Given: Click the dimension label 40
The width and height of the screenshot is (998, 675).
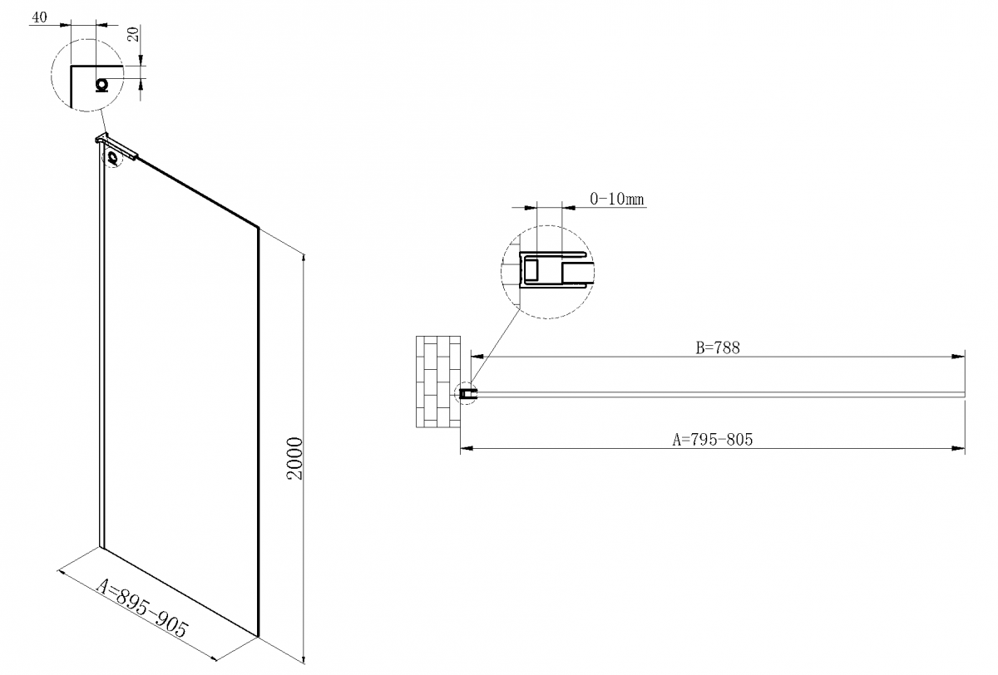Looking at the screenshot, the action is pyautogui.click(x=40, y=17).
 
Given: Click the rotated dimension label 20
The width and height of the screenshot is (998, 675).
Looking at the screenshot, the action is pyautogui.click(x=134, y=34).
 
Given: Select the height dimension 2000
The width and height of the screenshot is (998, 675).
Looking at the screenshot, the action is pyautogui.click(x=294, y=458).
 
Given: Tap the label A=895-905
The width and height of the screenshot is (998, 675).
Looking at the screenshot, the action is pyautogui.click(x=142, y=608).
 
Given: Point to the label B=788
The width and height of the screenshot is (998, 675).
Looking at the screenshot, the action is pyautogui.click(x=718, y=347).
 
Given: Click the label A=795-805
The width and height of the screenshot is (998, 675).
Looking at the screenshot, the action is pyautogui.click(x=713, y=440).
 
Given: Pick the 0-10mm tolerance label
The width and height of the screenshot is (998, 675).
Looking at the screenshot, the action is pyautogui.click(x=617, y=199).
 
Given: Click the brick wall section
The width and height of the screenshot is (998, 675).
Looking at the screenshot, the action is pyautogui.click(x=438, y=382).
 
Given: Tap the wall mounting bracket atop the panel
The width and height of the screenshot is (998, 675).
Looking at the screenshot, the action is pyautogui.click(x=116, y=145).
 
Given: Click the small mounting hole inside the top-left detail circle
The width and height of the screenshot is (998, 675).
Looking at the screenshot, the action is pyautogui.click(x=102, y=85).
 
